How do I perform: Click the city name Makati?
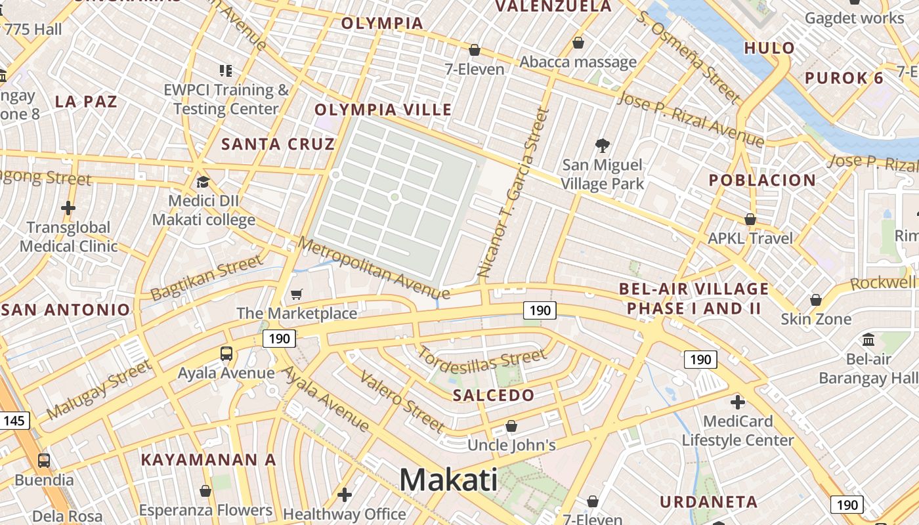pyautogui.click(x=448, y=480)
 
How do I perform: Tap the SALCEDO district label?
pyautogui.click(x=494, y=395)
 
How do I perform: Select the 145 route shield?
pyautogui.click(x=14, y=421)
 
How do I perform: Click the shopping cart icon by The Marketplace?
pyautogui.click(x=297, y=295)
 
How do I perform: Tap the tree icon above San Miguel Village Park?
pyautogui.click(x=602, y=145)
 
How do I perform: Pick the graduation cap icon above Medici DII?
pyautogui.click(x=203, y=182)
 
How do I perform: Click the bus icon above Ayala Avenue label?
pyautogui.click(x=226, y=354)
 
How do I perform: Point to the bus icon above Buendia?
pyautogui.click(x=44, y=460)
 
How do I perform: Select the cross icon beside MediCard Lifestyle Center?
pyautogui.click(x=737, y=402)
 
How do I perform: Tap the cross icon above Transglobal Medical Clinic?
pyautogui.click(x=68, y=208)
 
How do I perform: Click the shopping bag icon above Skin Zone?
pyautogui.click(x=815, y=300)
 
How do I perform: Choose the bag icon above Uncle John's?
pyautogui.click(x=511, y=427)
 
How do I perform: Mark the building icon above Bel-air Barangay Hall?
pyautogui.click(x=869, y=339)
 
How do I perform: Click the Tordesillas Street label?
pyautogui.click(x=482, y=360)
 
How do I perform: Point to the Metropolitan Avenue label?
pyautogui.click(x=374, y=268)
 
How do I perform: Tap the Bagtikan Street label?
pyautogui.click(x=206, y=278)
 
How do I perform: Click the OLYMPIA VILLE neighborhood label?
pyautogui.click(x=383, y=110)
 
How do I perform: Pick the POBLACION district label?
pyautogui.click(x=762, y=180)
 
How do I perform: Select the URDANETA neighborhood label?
pyautogui.click(x=709, y=502)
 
